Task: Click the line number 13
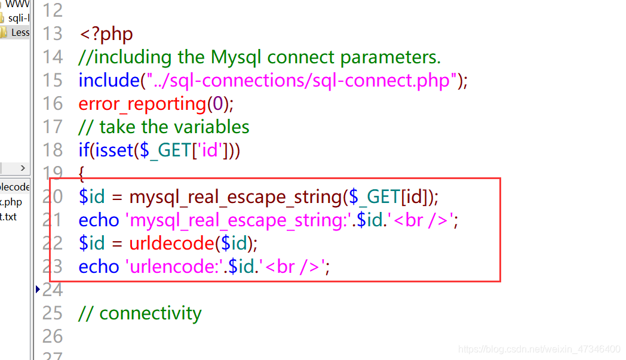53,33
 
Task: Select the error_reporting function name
142,104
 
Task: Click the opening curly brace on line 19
82,173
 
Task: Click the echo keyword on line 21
99,220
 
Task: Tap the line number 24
53,290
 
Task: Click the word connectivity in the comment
151,313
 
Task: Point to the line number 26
53,336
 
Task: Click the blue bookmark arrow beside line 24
38,290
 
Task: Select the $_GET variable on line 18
164,150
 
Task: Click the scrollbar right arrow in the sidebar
23,168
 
